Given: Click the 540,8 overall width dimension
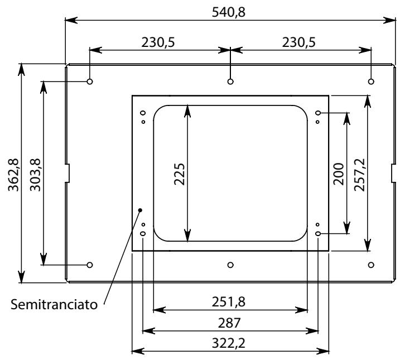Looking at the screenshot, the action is click(229, 12).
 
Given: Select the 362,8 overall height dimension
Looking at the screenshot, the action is click(13, 175).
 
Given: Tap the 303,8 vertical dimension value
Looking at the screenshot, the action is click(35, 175).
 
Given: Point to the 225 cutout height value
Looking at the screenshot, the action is click(179, 174).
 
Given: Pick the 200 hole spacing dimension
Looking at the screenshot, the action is click(339, 174).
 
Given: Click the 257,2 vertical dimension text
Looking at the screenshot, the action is click(360, 175).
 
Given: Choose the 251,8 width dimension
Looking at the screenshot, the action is click(229, 302).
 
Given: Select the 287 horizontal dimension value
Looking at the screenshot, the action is click(229, 323).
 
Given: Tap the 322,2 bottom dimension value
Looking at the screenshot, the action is click(229, 343).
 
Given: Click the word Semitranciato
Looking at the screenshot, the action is click(54, 304).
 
